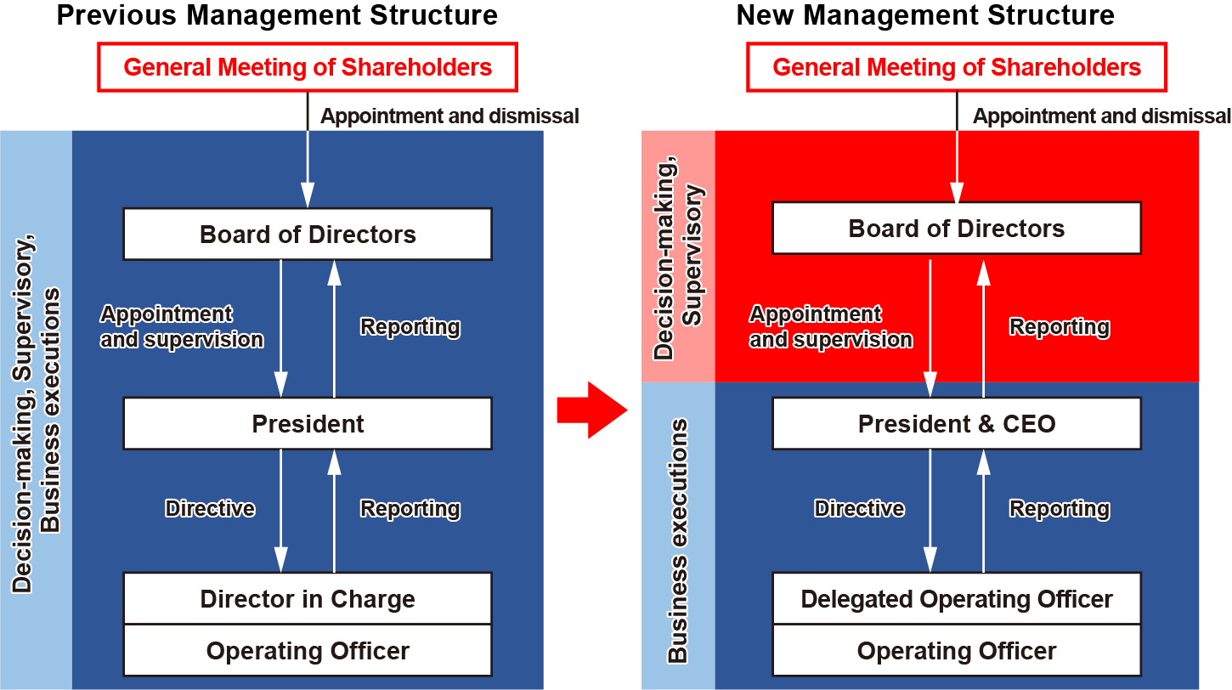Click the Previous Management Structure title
click(x=277, y=14)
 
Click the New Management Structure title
click(x=925, y=14)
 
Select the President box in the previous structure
click(x=308, y=424)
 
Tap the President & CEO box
click(x=957, y=424)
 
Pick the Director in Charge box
click(x=308, y=599)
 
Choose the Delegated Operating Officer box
click(x=957, y=599)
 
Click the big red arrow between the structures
click(x=592, y=410)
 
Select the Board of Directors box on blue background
click(x=308, y=234)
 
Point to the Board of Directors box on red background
click(x=957, y=229)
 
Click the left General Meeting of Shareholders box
click(x=308, y=67)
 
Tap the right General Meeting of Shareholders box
click(x=957, y=67)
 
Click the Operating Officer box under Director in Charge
click(x=308, y=650)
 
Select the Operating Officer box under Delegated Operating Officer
click(x=957, y=650)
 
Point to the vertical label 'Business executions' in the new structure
click(x=678, y=540)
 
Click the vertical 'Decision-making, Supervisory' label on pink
click(x=678, y=258)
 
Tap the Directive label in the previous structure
click(x=210, y=508)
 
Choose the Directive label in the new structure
click(x=859, y=508)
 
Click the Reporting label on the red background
click(x=1060, y=327)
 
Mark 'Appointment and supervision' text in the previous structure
click(x=182, y=327)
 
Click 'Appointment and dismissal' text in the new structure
click(x=1102, y=116)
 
